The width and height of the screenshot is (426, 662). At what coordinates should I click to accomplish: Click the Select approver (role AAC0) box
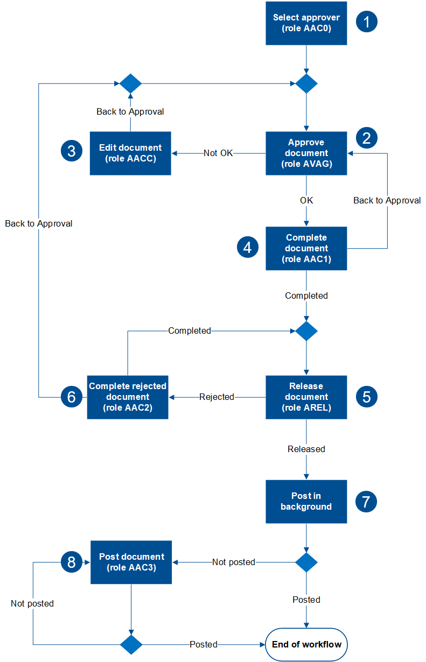[x=306, y=23]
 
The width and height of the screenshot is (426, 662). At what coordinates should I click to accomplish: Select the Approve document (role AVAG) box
[x=306, y=153]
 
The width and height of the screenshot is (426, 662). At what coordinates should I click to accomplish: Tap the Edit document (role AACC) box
[x=130, y=153]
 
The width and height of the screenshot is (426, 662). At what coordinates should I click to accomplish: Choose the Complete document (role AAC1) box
[x=306, y=248]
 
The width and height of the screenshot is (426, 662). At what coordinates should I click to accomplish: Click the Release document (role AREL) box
[x=306, y=397]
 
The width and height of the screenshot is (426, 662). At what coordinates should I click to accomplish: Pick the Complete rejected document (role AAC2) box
[x=128, y=397]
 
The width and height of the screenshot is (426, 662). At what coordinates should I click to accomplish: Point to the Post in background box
[x=306, y=502]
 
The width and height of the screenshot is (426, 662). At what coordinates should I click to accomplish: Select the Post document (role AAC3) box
[x=131, y=562]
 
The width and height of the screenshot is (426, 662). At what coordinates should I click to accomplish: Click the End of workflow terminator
[x=306, y=644]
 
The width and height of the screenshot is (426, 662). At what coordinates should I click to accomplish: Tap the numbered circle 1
[x=367, y=22]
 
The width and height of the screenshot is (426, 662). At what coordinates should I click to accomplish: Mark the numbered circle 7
[x=366, y=502]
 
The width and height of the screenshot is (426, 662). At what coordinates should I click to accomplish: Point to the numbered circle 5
[x=366, y=397]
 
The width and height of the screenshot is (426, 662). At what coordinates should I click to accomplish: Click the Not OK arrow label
[x=218, y=153]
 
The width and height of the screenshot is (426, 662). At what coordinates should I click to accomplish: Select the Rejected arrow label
[x=217, y=397]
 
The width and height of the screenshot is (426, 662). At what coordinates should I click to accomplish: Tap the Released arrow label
[x=306, y=449]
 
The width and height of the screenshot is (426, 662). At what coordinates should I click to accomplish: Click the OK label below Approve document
[x=306, y=200]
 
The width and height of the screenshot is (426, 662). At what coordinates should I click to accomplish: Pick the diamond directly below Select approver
[x=306, y=84]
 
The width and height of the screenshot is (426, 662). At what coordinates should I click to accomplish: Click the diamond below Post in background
[x=306, y=562]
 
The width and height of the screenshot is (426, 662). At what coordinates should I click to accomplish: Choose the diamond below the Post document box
[x=130, y=644]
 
